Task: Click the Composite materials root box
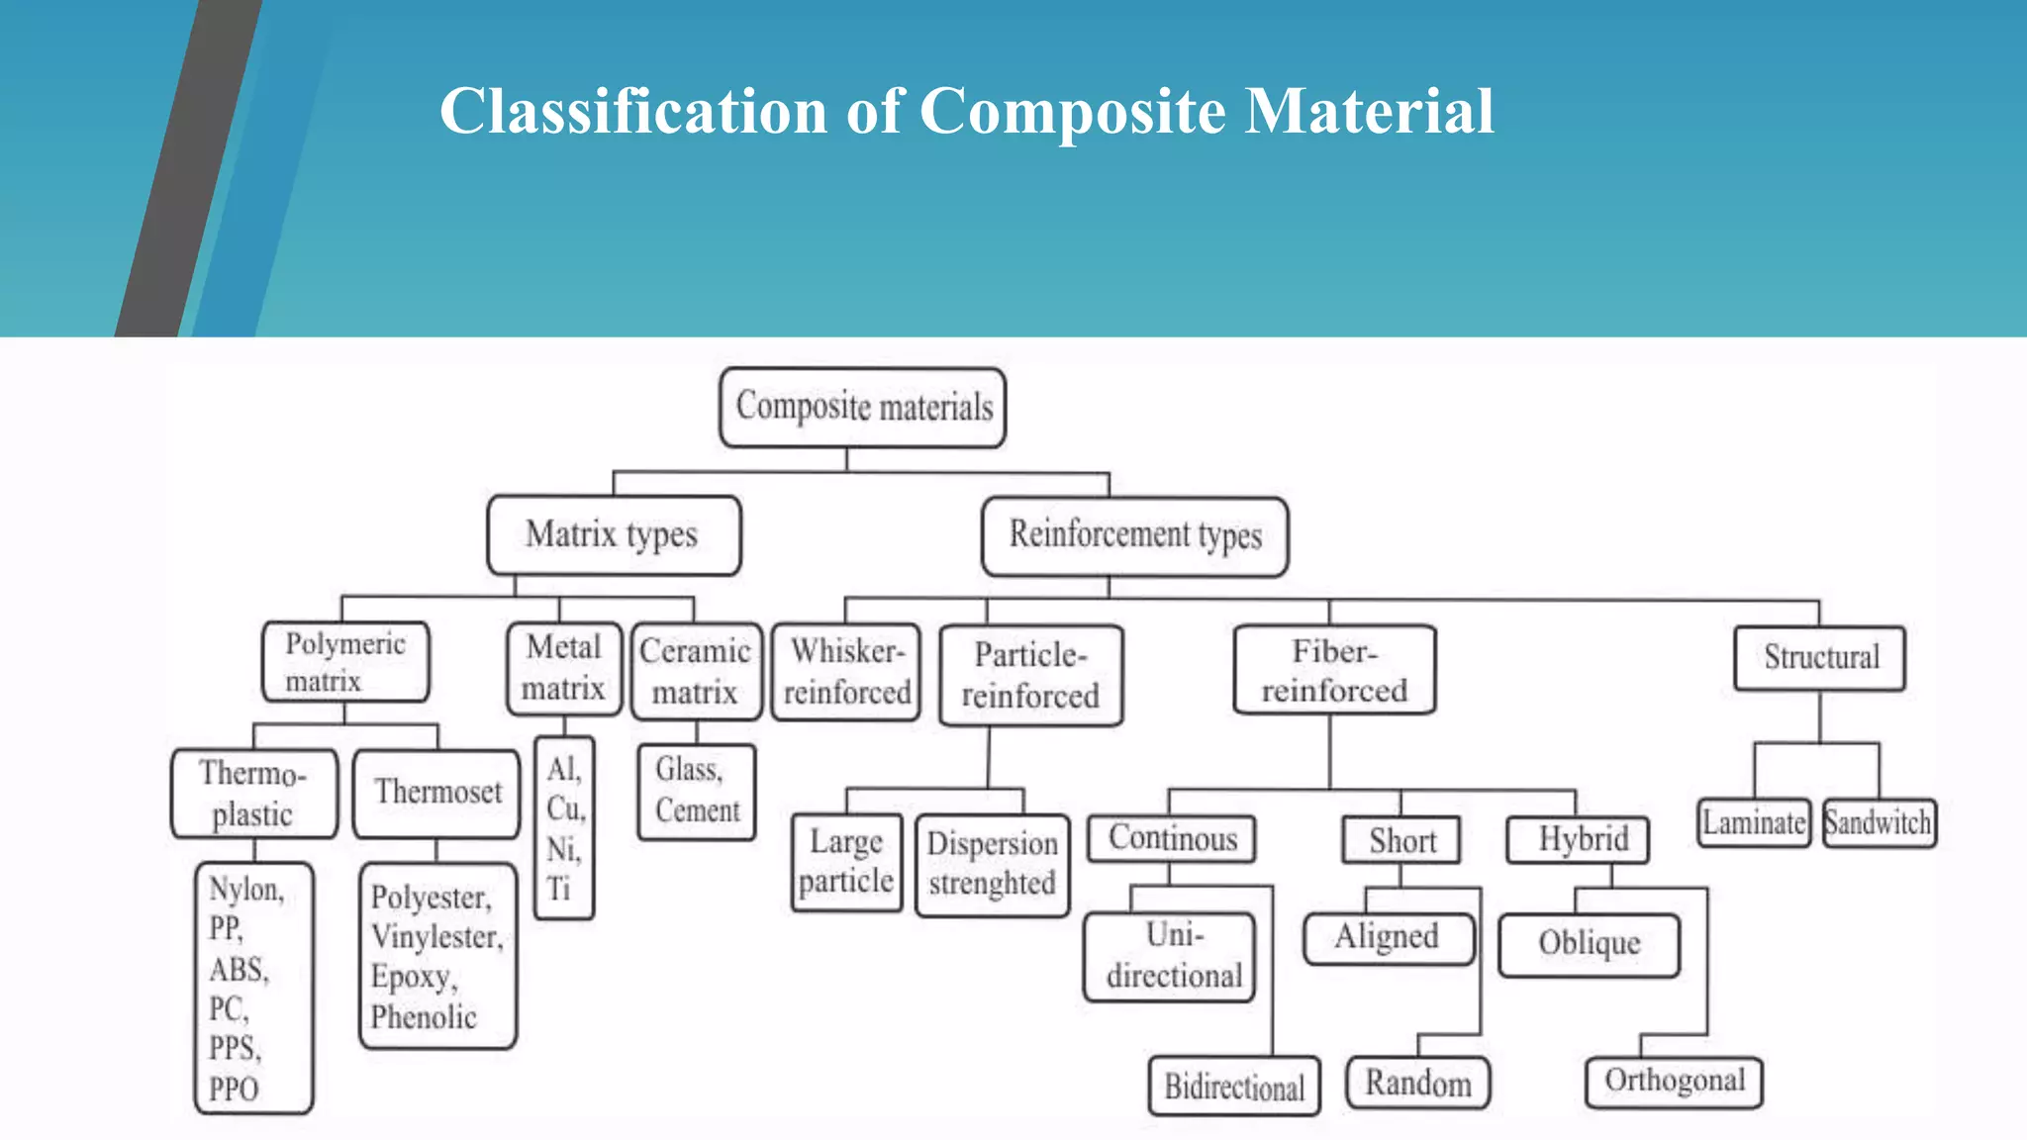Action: pyautogui.click(x=862, y=407)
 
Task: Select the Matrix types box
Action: pyautogui.click(x=614, y=534)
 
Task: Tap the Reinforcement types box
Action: pyautogui.click(x=1134, y=535)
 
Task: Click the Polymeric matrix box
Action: pyautogui.click(x=345, y=661)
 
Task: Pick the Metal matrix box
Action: pyautogui.click(x=563, y=667)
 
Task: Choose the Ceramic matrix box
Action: pyautogui.click(x=696, y=671)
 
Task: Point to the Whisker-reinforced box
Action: pyautogui.click(x=846, y=671)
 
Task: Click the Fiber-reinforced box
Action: pyautogui.click(x=1333, y=670)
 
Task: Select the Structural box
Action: pyautogui.click(x=1819, y=657)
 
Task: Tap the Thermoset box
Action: pyautogui.click(x=436, y=793)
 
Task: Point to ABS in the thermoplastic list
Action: pyautogui.click(x=238, y=969)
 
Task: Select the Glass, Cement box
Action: pyautogui.click(x=696, y=791)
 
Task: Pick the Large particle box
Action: pyautogui.click(x=846, y=861)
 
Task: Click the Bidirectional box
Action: pyautogui.click(x=1233, y=1086)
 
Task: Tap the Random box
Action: pyautogui.click(x=1417, y=1083)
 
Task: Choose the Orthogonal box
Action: pyautogui.click(x=1674, y=1081)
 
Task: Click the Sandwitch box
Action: pyautogui.click(x=1878, y=822)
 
